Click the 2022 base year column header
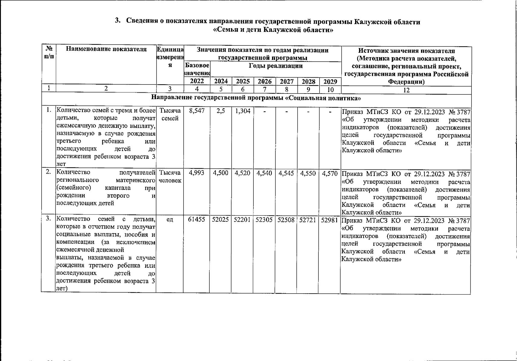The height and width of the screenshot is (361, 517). [197, 81]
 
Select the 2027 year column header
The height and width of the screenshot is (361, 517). [286, 82]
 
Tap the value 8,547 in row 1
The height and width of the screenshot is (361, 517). [197, 111]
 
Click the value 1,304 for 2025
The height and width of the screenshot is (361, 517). [243, 111]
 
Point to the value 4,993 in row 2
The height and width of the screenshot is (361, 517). [197, 173]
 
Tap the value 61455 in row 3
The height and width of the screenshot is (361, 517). [197, 220]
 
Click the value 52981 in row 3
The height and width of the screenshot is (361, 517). [330, 220]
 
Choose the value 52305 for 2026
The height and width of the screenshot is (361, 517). [264, 220]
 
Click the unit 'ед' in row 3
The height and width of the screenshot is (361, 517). [170, 220]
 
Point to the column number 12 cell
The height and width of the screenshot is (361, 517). [406, 90]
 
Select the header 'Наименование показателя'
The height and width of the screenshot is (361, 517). [106, 49]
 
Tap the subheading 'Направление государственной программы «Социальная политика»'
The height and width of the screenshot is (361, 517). [256, 98]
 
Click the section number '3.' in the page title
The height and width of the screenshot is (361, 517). [118, 21]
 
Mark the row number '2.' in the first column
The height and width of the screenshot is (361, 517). [48, 172]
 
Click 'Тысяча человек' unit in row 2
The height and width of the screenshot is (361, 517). [170, 177]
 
